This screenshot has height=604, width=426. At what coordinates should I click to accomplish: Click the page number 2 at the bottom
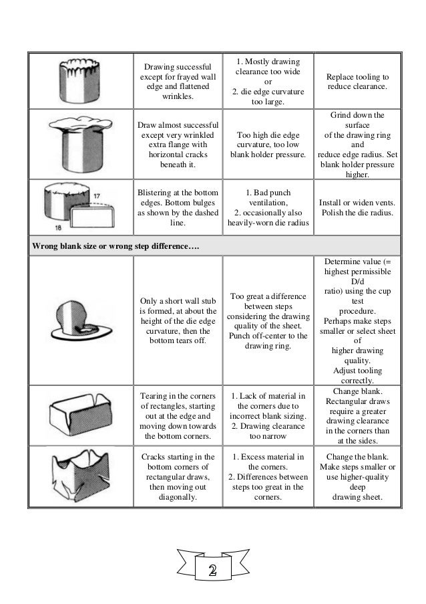[x=212, y=570]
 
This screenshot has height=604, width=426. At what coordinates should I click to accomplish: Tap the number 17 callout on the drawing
[x=97, y=195]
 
